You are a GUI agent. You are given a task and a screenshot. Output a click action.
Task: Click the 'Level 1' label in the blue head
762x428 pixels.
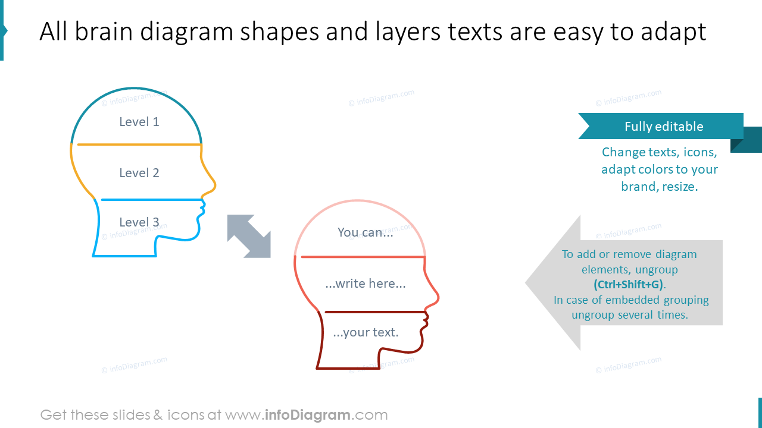pos(139,122)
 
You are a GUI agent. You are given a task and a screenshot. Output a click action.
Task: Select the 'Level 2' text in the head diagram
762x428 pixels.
pos(139,173)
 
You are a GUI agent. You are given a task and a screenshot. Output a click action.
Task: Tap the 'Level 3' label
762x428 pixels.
pos(139,222)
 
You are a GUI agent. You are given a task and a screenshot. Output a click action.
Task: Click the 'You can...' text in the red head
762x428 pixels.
pos(365,232)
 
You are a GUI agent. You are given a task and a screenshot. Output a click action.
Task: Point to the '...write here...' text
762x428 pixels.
pos(365,284)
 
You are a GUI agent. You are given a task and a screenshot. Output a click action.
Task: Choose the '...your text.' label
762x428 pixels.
pos(366,332)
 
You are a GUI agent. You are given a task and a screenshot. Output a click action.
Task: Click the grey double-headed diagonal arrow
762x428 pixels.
pos(249,236)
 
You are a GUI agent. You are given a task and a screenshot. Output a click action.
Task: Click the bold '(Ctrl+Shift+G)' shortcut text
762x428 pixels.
pos(628,284)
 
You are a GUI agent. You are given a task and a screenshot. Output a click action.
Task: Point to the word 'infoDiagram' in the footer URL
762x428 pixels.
pos(308,415)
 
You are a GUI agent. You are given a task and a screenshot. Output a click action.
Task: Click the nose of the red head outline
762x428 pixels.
pos(438,297)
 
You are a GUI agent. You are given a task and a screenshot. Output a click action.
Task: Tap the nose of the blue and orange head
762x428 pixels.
pos(214,185)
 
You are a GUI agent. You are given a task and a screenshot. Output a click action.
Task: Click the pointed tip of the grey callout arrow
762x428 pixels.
pos(527,283)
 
